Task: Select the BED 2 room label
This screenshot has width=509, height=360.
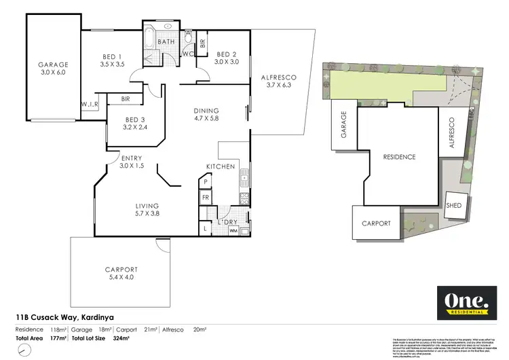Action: pos(226,58)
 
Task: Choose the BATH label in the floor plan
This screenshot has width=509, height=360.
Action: pos(167,41)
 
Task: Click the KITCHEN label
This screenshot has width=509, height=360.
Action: pos(221,166)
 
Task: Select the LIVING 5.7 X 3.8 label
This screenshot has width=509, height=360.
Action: pos(147,210)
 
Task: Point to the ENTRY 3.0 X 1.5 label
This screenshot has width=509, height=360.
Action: pos(132,162)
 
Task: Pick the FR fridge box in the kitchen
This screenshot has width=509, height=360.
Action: pos(206,198)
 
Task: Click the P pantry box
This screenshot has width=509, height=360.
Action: pos(206,182)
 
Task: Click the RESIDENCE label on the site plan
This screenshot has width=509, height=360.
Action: pos(399,157)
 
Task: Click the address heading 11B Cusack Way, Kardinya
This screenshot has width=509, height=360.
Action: pos(65,317)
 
